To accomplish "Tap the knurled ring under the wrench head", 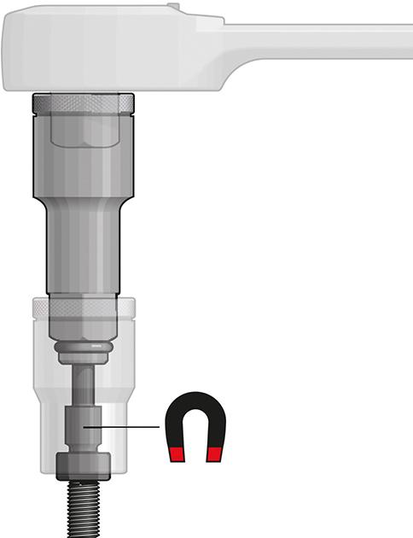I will [x=83, y=103].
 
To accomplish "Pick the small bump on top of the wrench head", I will [x=175, y=7].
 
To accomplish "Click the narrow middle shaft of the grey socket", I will [x=83, y=248].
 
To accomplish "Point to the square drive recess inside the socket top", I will [x=83, y=128].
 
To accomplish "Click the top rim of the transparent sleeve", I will [x=83, y=304].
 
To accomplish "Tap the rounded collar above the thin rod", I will [x=83, y=353].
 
